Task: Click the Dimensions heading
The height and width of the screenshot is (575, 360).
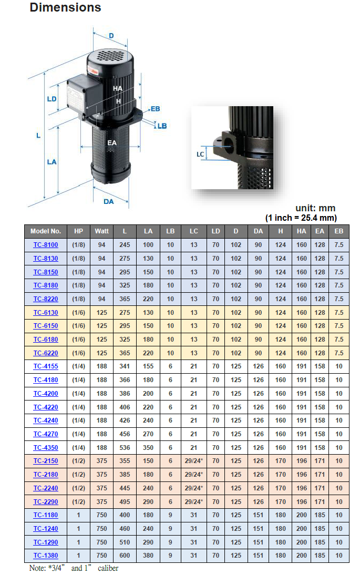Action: coord(65,8)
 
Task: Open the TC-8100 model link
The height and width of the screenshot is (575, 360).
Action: coord(46,245)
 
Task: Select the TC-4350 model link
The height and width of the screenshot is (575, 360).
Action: coord(46,448)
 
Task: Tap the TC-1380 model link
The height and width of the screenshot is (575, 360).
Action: coord(46,556)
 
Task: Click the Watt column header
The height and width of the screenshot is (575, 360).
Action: coord(101,231)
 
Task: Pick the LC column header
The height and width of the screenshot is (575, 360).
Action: coord(194,231)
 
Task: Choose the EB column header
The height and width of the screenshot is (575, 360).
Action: coord(338,231)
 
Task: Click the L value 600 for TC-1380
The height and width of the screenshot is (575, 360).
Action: coord(125,556)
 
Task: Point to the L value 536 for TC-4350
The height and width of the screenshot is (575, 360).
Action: coord(125,448)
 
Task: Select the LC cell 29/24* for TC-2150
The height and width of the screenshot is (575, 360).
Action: coord(194,461)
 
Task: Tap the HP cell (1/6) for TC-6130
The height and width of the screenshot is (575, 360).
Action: coord(78,313)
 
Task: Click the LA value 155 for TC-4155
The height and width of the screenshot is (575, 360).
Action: coord(149,367)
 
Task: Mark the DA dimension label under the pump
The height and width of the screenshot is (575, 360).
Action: coord(109,201)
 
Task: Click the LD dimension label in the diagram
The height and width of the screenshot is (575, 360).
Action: coord(52,99)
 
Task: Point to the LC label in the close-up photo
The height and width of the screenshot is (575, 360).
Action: coord(200,154)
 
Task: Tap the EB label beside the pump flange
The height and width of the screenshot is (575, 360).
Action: coord(155,109)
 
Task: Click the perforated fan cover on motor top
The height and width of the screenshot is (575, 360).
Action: coord(111,54)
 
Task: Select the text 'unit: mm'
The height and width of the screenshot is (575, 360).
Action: coord(315,208)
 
